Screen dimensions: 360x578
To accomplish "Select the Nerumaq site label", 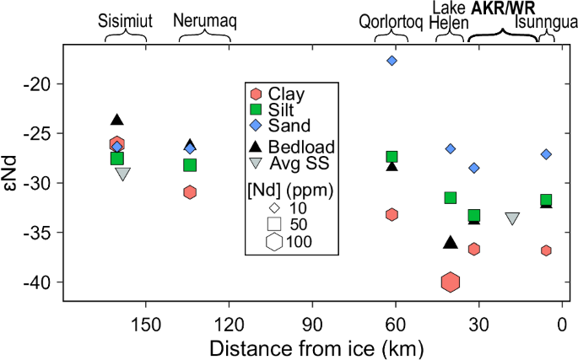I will [203, 19].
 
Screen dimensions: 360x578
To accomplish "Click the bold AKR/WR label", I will [505, 8].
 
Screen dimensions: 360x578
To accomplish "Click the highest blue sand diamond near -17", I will [392, 61].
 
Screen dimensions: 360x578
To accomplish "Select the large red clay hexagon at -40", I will [450, 282].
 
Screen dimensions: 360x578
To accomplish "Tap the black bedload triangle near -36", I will [450, 243].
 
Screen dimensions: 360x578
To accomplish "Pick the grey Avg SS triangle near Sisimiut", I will [123, 175].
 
